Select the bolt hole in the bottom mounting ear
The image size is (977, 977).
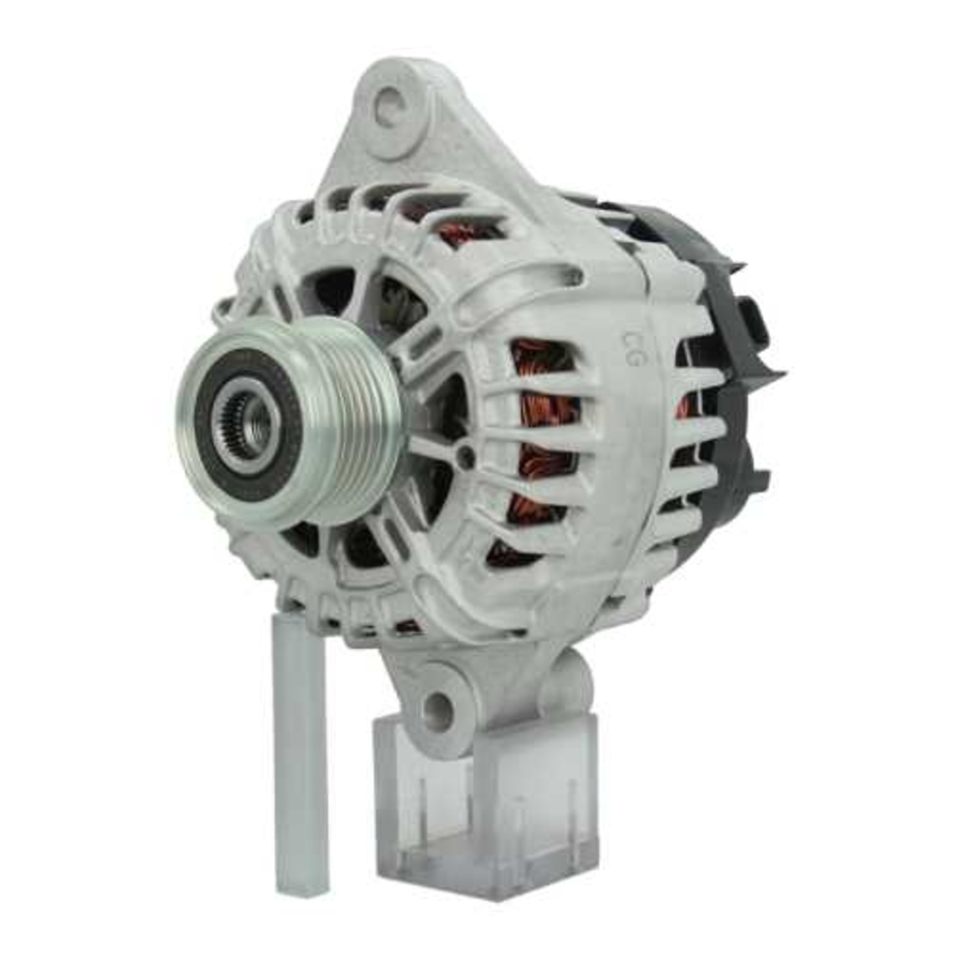click(x=437, y=712)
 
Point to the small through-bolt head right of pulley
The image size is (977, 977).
click(x=466, y=456)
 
